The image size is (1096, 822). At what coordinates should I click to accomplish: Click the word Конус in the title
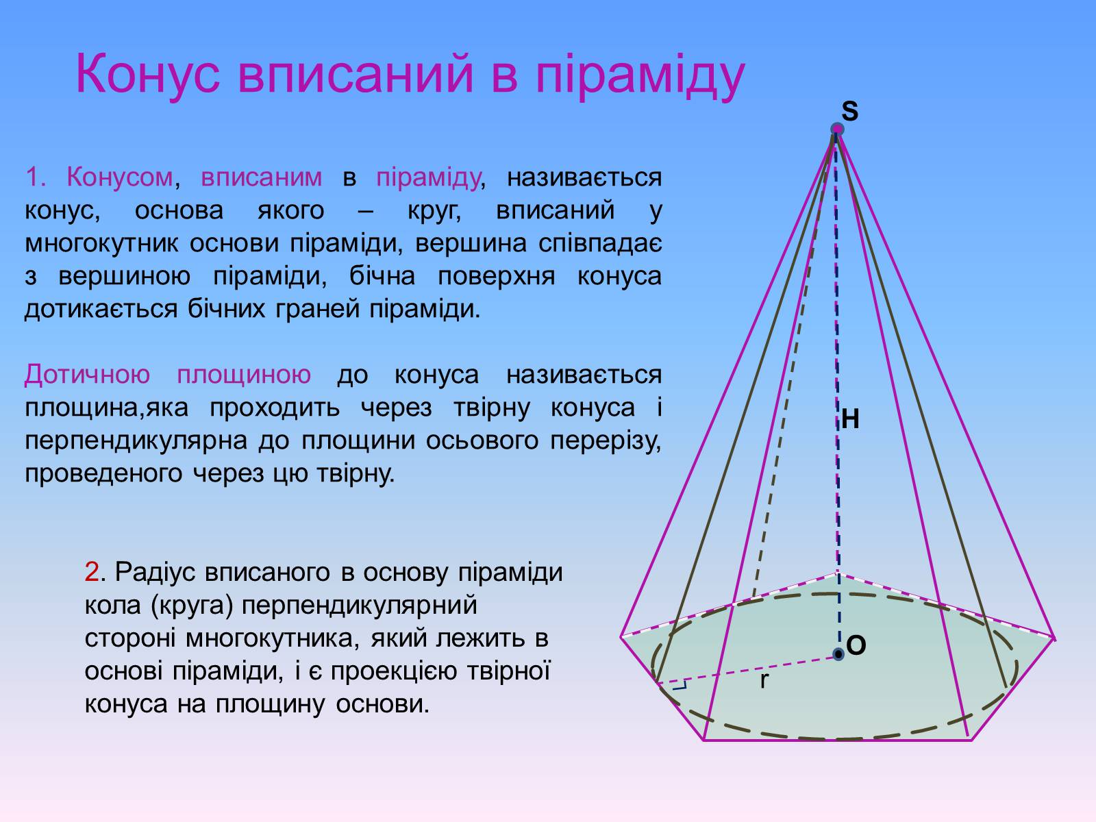(148, 74)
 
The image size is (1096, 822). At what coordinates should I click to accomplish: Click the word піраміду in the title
(640, 75)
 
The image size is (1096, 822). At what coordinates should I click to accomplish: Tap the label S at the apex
(849, 111)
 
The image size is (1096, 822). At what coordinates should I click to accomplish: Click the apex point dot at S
(837, 129)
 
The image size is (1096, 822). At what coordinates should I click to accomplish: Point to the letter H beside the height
(850, 419)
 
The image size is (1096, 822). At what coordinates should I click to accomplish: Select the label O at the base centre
(856, 645)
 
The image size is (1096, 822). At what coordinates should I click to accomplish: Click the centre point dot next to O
(838, 653)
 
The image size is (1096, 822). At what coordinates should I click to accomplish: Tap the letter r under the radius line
(764, 680)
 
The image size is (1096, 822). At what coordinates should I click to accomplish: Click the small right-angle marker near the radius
(680, 685)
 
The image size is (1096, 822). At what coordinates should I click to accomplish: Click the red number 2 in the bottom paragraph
(92, 572)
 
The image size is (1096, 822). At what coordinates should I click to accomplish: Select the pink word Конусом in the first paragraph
(120, 177)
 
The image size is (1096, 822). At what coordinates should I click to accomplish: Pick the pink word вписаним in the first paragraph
(261, 177)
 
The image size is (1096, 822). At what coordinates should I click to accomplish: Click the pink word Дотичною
(87, 374)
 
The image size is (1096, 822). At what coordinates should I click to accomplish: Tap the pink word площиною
(244, 375)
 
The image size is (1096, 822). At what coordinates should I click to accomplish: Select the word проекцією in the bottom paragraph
(394, 671)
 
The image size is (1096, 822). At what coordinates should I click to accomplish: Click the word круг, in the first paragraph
(434, 210)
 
